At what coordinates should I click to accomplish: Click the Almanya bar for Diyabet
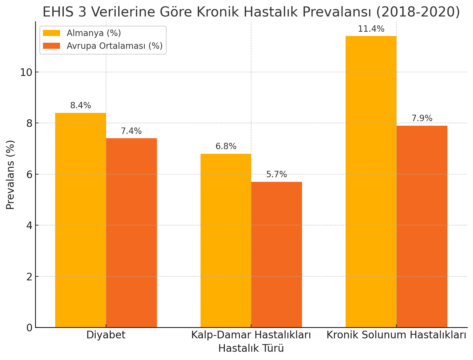pos(80,220)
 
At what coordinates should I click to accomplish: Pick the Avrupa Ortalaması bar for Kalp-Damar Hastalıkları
pos(277,254)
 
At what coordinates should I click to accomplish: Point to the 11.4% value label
pos(371,29)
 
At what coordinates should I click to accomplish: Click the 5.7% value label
pos(276,175)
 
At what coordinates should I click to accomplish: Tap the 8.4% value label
pos(80,106)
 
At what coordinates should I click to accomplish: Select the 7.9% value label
pos(422,119)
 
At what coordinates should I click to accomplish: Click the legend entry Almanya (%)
pos(94,33)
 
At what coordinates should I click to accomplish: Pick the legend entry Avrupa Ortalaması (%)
pos(115,46)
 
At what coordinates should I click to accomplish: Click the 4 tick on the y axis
pos(30,225)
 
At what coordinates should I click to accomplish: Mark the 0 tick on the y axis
pos(30,328)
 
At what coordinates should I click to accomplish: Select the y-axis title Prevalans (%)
pos(10,175)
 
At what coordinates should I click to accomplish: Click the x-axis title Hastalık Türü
pos(251,348)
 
